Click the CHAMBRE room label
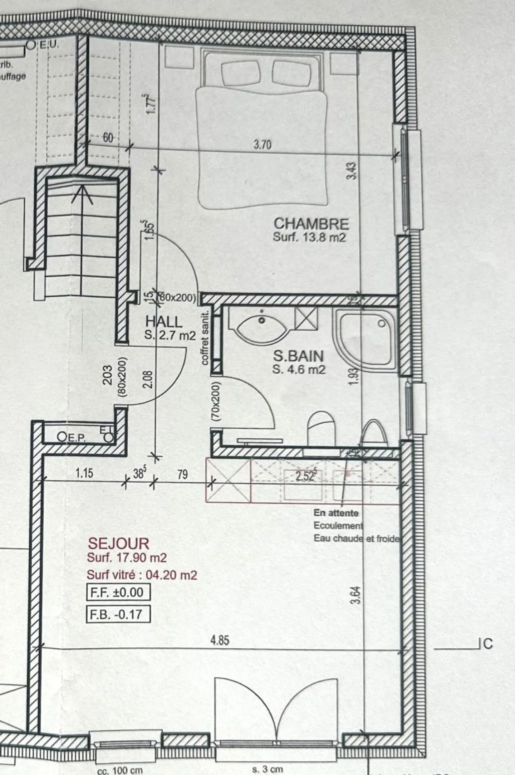[311, 224]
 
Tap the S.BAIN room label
[298, 356]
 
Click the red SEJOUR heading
[118, 544]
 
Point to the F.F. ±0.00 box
[118, 592]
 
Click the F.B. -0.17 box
[118, 614]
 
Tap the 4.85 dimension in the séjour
[220, 640]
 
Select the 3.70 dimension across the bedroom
[263, 145]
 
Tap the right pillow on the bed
[290, 72]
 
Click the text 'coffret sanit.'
[205, 338]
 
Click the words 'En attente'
[336, 513]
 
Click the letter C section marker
[488, 644]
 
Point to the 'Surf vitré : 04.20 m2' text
[142, 575]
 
